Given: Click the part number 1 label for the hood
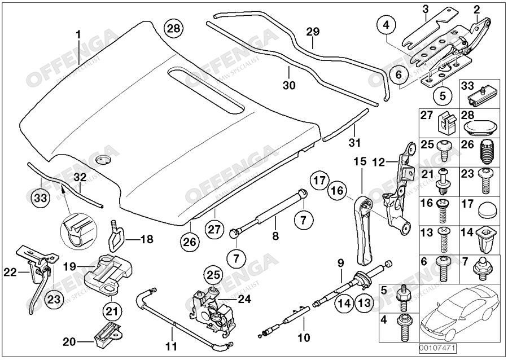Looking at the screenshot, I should pyautogui.click(x=78, y=35).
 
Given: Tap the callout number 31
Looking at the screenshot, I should pyautogui.click(x=354, y=141).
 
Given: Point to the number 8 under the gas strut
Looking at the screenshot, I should pyautogui.click(x=275, y=236).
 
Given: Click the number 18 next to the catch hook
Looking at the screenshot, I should pyautogui.click(x=146, y=240).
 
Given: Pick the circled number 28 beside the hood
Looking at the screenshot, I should pyautogui.click(x=173, y=28).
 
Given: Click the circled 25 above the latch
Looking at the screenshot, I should pyautogui.click(x=212, y=275).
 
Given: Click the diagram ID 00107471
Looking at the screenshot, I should pyautogui.click(x=438, y=349).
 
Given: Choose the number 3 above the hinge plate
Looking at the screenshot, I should pyautogui.click(x=426, y=10).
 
